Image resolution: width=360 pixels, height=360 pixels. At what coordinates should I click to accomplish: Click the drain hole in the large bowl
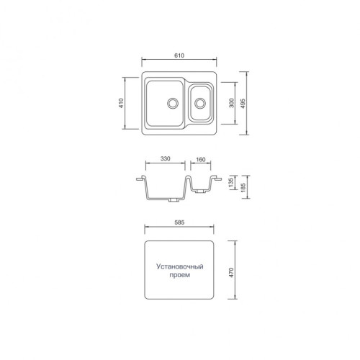(x=173, y=102)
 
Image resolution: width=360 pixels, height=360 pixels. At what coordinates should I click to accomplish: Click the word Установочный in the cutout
(x=180, y=267)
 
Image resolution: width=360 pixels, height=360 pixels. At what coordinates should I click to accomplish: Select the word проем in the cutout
(x=180, y=276)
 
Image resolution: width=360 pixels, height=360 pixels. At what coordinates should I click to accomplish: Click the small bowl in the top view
(x=202, y=103)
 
